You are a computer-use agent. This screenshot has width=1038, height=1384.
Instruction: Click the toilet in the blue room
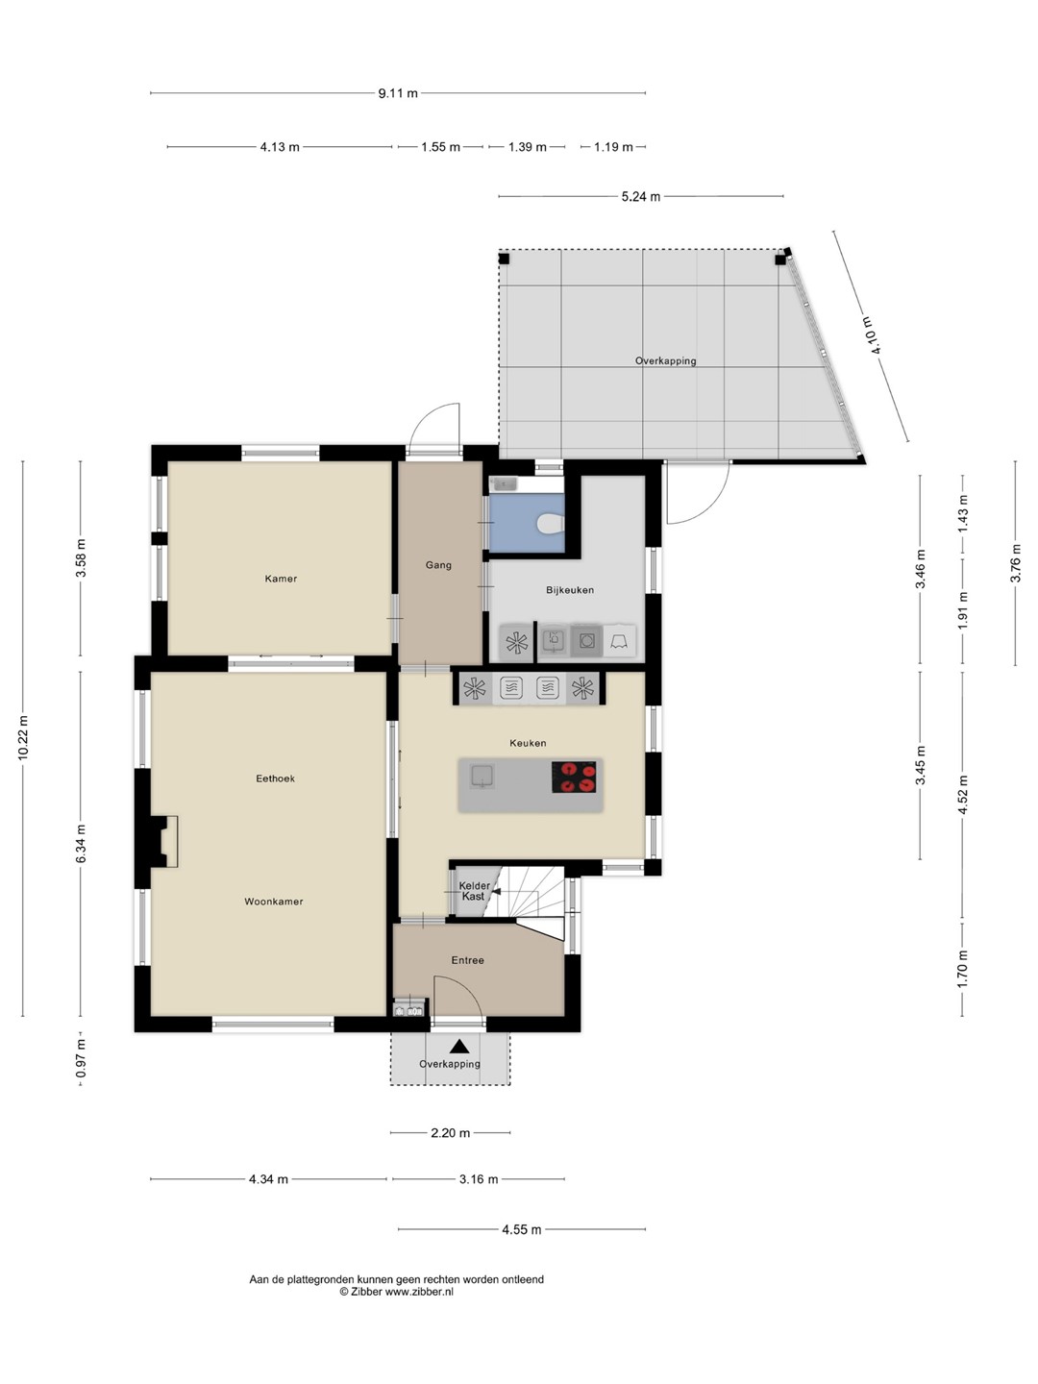552,524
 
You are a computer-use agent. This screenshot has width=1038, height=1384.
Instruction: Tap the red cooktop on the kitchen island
574,777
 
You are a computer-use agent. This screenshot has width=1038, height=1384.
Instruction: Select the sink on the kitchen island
482,777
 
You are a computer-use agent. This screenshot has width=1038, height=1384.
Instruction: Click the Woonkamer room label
274,902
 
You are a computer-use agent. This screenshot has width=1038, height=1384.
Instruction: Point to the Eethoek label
276,778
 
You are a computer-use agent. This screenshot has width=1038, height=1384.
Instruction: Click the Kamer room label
281,579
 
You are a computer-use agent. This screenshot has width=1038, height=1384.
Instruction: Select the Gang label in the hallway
438,565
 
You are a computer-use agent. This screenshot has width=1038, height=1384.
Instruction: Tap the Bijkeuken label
570,590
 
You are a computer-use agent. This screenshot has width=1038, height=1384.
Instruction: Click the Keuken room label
528,743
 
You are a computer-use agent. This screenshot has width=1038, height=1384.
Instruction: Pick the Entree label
468,960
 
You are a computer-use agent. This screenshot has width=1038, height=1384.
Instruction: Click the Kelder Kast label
474,891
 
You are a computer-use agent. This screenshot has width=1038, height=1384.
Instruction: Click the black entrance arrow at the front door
459,1047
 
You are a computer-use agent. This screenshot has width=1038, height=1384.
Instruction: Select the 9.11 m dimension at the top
398,93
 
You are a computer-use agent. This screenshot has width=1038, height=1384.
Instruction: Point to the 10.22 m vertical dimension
23,738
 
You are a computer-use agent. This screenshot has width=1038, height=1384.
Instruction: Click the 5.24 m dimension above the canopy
641,197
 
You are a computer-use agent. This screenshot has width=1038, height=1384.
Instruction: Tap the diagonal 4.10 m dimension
871,336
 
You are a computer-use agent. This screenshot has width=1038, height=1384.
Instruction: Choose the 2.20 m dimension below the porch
450,1133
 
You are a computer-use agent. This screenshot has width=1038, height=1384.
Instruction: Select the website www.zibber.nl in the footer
419,1292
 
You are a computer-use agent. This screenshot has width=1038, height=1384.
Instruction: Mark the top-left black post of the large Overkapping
504,259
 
